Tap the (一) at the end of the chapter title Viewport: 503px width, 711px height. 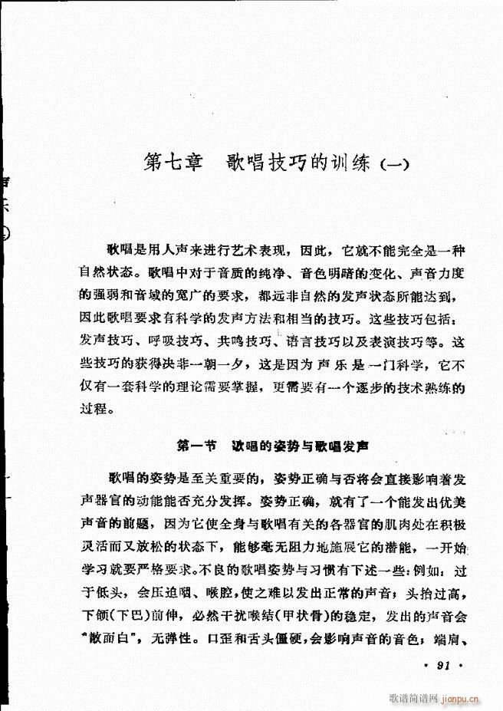[x=395, y=166]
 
